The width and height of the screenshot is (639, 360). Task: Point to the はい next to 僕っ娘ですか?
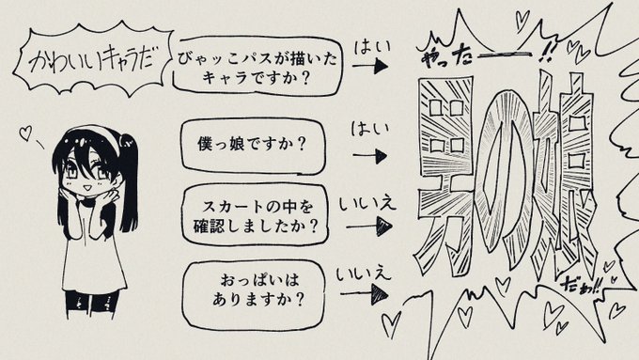click(x=367, y=128)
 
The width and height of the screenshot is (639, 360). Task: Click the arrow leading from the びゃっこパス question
click(x=374, y=69)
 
